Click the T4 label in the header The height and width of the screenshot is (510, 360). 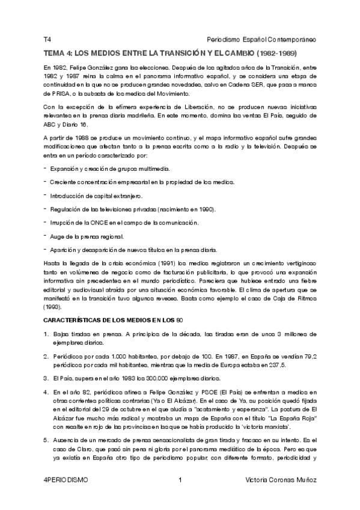point(47,39)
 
